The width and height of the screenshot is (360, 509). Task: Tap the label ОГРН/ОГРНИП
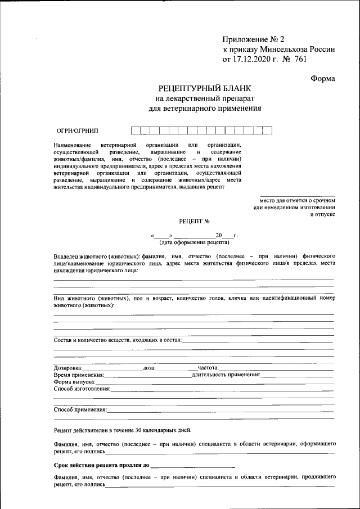[74, 130]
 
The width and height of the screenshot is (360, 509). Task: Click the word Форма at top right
[323, 78]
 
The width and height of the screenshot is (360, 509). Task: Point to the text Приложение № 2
[254, 39]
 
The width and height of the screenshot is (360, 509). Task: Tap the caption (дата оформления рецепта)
[194, 243]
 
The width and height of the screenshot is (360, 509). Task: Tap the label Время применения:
[79, 374]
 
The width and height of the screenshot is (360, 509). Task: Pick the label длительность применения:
[226, 374]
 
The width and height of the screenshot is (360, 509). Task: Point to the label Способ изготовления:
[82, 389]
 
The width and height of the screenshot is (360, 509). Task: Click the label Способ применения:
[80, 409]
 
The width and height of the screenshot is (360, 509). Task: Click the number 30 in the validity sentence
[138, 430]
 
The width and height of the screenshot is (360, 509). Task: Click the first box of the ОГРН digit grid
[136, 130]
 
